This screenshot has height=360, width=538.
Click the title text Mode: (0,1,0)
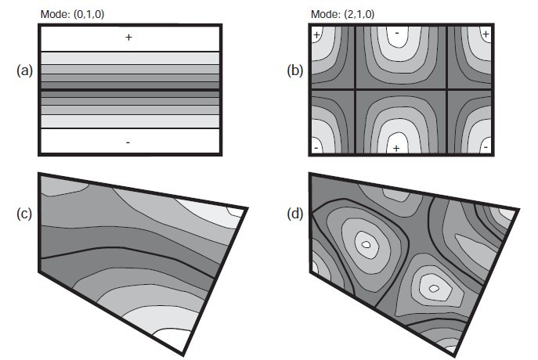[71, 13]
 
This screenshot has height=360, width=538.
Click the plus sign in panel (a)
[129, 38]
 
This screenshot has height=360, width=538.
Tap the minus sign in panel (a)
[128, 142]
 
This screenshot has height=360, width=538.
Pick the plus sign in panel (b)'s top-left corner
[317, 35]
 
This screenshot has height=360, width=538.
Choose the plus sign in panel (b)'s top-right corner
[486, 34]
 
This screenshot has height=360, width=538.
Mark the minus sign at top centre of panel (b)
[397, 34]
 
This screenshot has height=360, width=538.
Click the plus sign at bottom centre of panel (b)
[397, 148]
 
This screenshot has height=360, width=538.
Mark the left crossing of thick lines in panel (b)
[355, 90]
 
